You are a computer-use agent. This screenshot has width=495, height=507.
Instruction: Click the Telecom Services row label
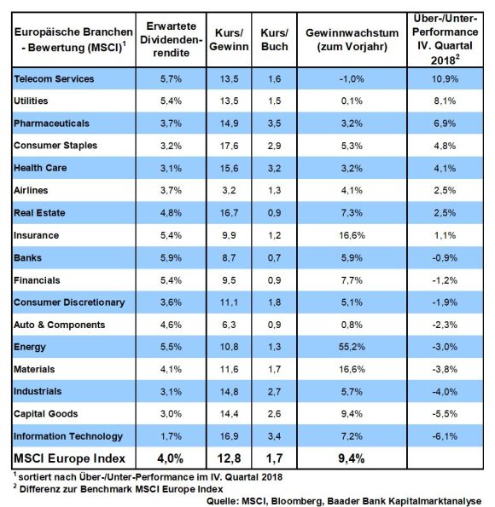[x=54, y=78]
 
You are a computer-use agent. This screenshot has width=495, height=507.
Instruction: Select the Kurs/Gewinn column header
[x=229, y=39]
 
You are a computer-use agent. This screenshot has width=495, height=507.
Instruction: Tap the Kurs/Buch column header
[x=275, y=39]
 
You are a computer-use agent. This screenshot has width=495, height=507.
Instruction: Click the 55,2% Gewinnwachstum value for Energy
[x=352, y=347]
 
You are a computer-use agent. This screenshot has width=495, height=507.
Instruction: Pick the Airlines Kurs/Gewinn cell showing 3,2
[x=229, y=190]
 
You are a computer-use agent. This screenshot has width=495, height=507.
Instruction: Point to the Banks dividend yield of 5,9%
[x=171, y=257]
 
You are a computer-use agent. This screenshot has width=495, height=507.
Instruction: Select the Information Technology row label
[x=68, y=436]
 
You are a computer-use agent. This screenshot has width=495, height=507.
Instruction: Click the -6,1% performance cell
[x=445, y=436]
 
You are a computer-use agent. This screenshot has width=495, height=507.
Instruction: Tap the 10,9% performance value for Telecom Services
[x=445, y=78]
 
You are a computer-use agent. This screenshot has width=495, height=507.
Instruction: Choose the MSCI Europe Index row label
[x=69, y=458]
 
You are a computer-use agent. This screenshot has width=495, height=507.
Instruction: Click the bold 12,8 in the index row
[x=229, y=458]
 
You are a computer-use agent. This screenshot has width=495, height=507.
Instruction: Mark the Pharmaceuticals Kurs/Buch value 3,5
[x=275, y=124]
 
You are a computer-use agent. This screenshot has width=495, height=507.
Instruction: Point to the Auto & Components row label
[x=59, y=325]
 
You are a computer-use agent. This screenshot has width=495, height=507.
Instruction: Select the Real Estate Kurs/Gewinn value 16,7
[x=229, y=213]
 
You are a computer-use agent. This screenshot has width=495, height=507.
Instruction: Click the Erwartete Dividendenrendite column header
[x=171, y=39]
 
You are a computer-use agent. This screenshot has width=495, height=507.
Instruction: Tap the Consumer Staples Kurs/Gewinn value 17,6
[x=229, y=146]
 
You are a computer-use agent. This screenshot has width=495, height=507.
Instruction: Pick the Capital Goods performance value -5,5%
[x=445, y=413]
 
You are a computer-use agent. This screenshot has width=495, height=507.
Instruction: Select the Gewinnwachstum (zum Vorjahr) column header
[x=352, y=39]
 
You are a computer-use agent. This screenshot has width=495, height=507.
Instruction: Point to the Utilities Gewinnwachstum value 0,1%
[x=352, y=101]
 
